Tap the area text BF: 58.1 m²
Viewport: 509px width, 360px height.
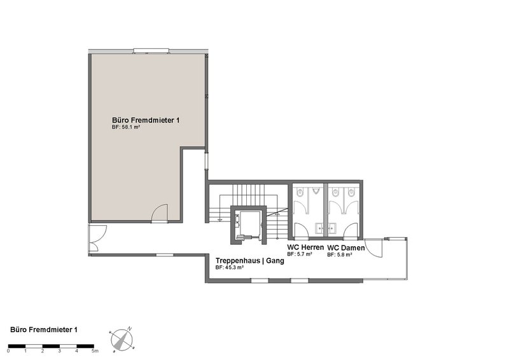pos(125,127)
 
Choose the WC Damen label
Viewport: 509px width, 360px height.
pos(345,247)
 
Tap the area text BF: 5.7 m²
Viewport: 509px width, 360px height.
pos(299,254)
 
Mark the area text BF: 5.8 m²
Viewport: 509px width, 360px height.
pos(340,254)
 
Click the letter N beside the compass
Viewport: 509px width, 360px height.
pos(129,328)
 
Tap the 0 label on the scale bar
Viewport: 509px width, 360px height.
pos(9,350)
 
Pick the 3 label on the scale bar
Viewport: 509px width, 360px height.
pos(59,350)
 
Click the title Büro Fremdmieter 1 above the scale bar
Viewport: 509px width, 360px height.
pos(45,329)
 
